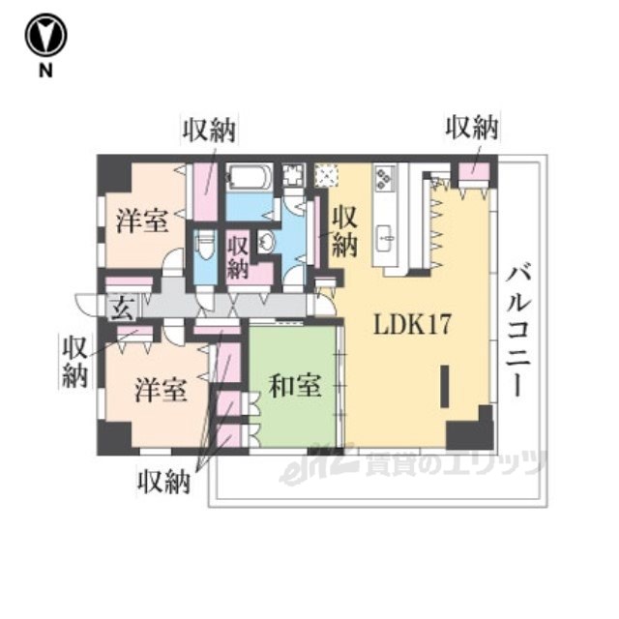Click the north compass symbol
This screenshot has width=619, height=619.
click(45, 35)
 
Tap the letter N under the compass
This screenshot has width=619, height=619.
click(45, 71)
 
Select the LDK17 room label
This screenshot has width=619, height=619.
click(412, 325)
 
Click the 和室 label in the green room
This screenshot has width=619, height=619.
click(295, 386)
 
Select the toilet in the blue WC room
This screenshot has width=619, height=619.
click(205, 245)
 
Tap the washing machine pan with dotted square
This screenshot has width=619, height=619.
click(327, 175)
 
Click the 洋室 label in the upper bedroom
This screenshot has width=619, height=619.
click(142, 221)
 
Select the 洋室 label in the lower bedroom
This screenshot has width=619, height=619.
click(161, 390)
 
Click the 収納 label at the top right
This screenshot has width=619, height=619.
click(472, 128)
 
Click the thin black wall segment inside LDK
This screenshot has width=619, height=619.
click(445, 387)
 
